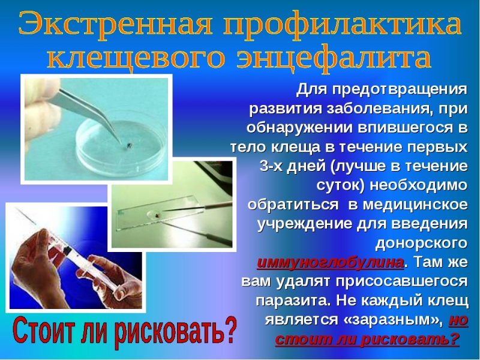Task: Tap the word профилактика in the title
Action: [342, 25]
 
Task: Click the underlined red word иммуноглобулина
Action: [331, 263]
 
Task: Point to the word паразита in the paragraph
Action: [293, 301]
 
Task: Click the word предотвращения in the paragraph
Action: [400, 90]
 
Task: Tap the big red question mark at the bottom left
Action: [230, 331]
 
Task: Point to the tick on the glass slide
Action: [157, 215]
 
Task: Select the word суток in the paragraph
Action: [340, 186]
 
